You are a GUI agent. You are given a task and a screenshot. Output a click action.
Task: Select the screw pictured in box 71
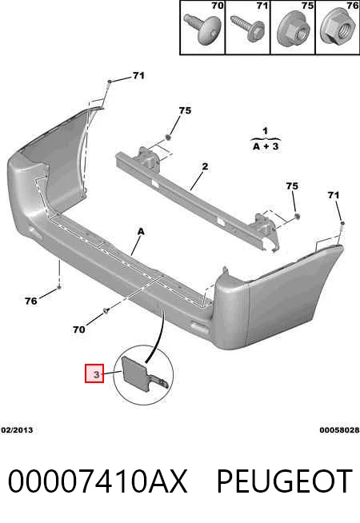[248, 28]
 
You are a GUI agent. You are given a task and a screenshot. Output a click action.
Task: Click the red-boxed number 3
[94, 373]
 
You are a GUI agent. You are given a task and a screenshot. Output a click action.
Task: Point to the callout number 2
[205, 166]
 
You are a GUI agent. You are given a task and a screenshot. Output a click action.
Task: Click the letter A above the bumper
[141, 231]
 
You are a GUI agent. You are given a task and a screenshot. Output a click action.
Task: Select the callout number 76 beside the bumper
[30, 301]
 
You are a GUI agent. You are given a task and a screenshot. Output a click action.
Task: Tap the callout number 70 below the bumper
[79, 329]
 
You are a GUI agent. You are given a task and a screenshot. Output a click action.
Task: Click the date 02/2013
[17, 430]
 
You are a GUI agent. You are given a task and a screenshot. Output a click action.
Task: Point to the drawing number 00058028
[339, 430]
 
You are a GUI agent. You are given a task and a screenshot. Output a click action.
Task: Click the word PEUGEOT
[285, 481]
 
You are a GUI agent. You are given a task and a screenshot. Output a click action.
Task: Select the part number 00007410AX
[98, 481]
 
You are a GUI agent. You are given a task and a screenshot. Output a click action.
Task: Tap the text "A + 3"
[266, 146]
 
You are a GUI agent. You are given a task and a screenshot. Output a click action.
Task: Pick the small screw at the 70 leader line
[106, 311]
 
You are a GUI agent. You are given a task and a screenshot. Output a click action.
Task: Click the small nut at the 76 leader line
[59, 286]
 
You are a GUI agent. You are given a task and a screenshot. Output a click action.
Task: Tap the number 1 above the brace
[265, 131]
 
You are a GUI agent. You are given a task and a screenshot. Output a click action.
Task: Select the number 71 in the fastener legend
[262, 6]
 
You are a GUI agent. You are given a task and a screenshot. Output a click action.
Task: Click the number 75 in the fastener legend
[307, 6]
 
